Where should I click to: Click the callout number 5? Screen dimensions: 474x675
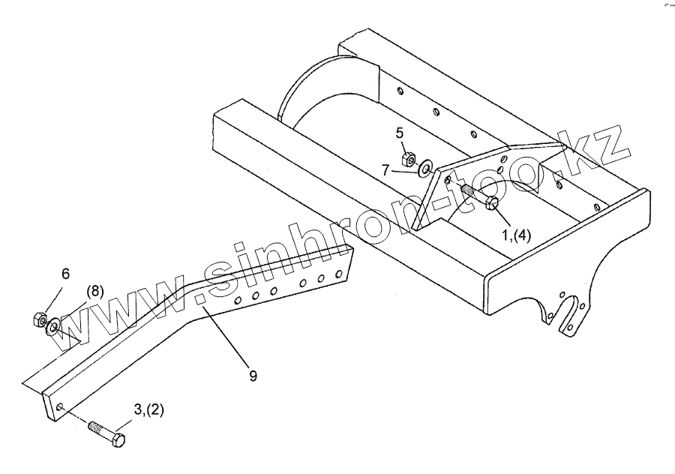[x=400, y=133]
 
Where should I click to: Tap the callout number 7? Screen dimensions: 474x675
[x=385, y=170]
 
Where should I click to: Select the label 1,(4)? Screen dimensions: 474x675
[x=515, y=234]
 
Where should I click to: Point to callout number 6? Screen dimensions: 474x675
[x=65, y=274]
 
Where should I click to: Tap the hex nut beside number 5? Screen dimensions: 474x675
[x=409, y=159]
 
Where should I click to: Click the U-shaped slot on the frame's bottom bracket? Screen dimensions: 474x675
[x=574, y=315]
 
